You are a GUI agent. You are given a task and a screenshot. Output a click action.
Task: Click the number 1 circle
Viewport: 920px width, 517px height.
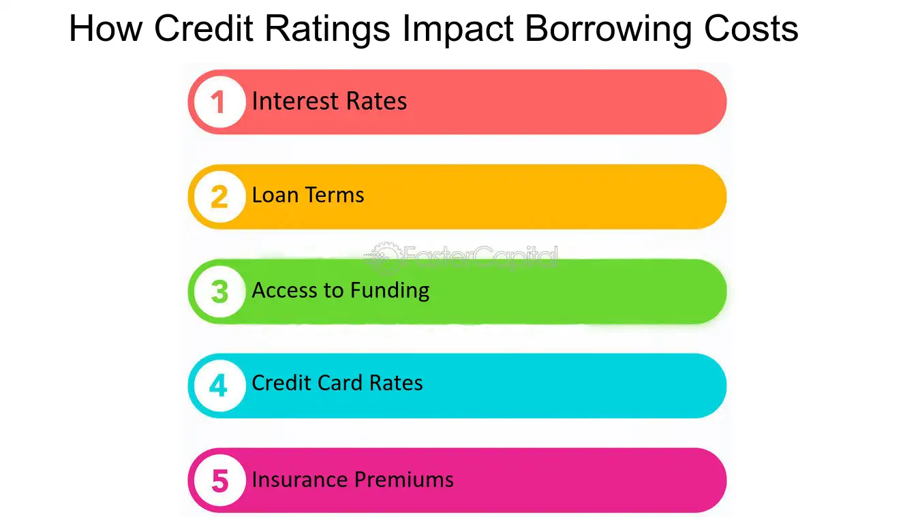219,102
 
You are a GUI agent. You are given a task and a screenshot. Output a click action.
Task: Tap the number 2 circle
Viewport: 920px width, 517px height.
219,197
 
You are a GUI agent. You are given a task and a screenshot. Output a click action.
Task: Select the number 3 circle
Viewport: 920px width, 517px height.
219,292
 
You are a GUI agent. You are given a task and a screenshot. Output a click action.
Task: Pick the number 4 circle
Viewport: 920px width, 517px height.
219,386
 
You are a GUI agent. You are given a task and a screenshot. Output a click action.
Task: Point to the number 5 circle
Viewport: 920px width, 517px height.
219,480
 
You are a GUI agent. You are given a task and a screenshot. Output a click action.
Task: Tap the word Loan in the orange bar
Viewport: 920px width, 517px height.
275,195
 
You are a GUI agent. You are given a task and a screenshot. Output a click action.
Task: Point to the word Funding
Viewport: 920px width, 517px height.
390,291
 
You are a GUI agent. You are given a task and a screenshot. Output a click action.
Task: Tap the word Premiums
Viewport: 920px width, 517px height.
403,480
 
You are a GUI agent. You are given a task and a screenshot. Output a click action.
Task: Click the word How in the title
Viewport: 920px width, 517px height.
106,29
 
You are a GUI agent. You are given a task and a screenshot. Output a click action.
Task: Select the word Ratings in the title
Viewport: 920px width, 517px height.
327,29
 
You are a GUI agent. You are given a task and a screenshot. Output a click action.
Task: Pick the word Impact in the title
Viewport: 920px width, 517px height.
458,29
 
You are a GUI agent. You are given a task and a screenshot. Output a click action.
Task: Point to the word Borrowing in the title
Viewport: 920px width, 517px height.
609,29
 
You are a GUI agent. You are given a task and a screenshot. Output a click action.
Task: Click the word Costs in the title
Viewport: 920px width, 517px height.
751,29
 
